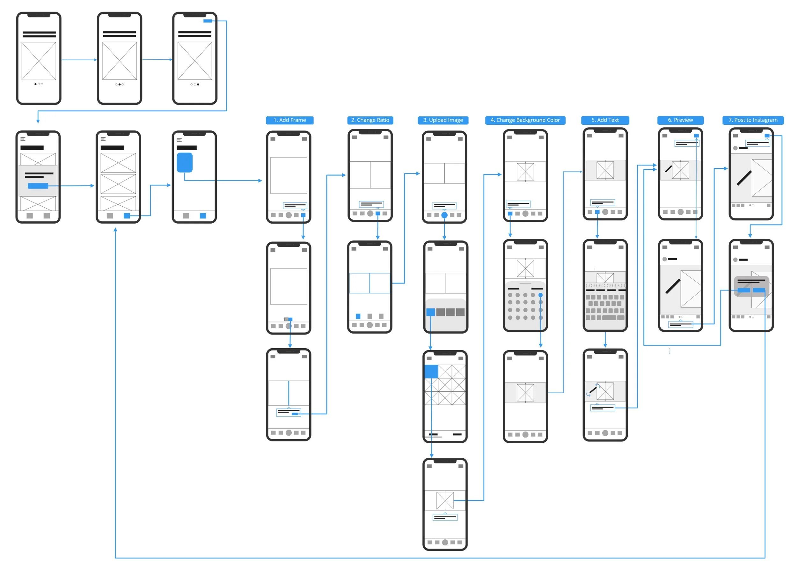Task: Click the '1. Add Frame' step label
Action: click(x=289, y=120)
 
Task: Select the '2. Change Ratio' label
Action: click(x=370, y=120)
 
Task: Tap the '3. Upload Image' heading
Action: click(x=443, y=120)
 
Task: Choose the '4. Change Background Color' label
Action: click(x=525, y=120)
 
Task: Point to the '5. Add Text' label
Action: click(x=605, y=120)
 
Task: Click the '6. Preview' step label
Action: click(x=680, y=120)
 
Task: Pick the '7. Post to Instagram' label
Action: click(x=753, y=120)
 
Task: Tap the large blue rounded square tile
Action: click(x=185, y=162)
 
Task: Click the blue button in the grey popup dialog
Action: click(x=38, y=186)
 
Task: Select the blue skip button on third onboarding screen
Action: click(x=208, y=21)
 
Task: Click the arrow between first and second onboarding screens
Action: click(x=79, y=60)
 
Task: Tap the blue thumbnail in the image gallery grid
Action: click(x=431, y=371)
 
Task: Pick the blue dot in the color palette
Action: click(x=540, y=295)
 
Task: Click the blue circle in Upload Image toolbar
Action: click(x=444, y=215)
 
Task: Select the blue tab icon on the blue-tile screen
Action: click(x=203, y=216)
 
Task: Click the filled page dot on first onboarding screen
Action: click(x=35, y=85)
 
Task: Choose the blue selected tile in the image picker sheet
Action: click(x=430, y=312)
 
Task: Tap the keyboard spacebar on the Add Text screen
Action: click(x=609, y=318)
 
